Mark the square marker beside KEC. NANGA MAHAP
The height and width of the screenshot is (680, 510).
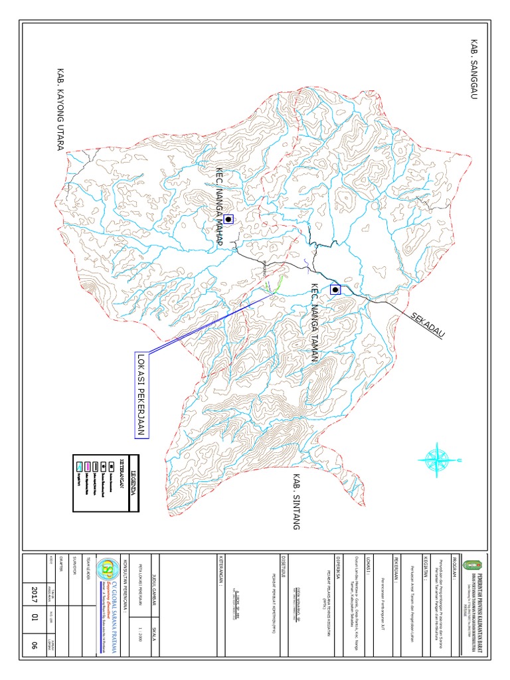228,218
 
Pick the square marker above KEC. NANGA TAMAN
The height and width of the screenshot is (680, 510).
335,289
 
